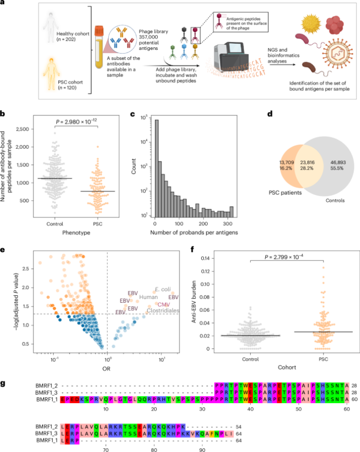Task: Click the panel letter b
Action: (3, 112)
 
